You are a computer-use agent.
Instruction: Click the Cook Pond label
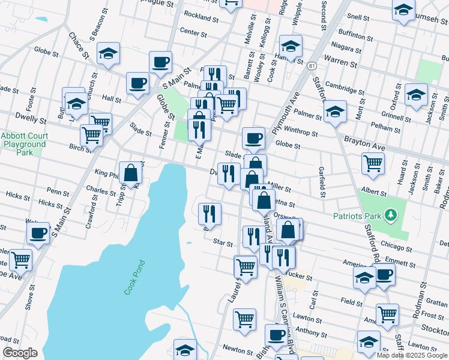coord(135,277)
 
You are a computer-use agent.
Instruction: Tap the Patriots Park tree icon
coord(391,214)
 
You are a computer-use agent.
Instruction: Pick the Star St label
coord(223,242)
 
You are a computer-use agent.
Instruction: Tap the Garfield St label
coord(322,182)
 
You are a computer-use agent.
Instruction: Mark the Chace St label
coord(79,46)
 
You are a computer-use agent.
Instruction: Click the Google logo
coord(20,353)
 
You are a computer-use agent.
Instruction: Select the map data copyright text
coord(412,355)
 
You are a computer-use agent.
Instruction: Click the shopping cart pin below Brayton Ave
coord(373,163)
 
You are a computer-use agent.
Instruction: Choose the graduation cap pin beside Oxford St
coord(416,94)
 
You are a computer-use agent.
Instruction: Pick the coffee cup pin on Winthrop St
coord(253,138)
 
